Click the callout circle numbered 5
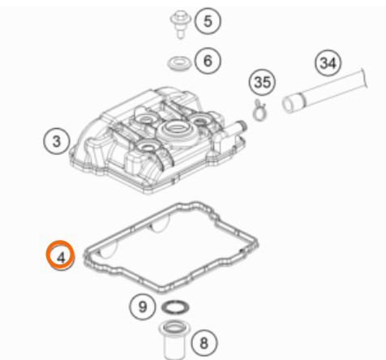208,21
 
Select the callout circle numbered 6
208,60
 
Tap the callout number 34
328,63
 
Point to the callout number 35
262,82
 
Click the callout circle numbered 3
56,141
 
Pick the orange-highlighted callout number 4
60,255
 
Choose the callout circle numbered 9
143,306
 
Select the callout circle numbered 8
204,343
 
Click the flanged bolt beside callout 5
180,24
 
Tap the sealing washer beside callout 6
178,63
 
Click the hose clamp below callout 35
259,109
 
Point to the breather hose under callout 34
324,91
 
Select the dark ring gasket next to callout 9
175,306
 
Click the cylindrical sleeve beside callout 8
174,339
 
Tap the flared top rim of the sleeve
174,326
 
